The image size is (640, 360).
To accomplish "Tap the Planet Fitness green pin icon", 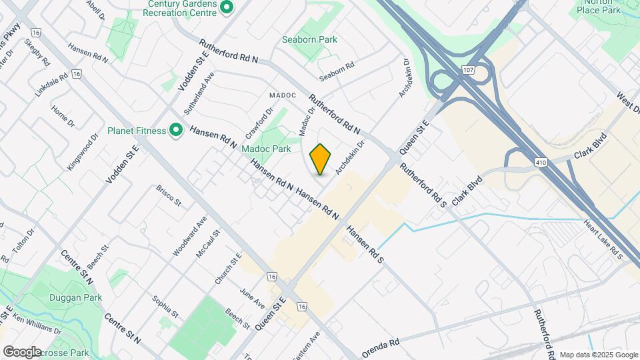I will click(x=176, y=130).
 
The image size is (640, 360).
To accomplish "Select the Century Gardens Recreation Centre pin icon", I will click(x=227, y=8).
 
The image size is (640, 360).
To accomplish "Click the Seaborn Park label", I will click(x=309, y=39).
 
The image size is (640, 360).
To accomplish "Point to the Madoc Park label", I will click(x=266, y=149).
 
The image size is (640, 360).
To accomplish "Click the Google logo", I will click(x=22, y=351).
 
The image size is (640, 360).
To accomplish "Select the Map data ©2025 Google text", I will click(x=597, y=355).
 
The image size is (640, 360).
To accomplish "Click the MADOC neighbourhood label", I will click(x=282, y=95).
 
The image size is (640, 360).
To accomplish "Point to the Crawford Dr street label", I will click(x=260, y=120).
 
